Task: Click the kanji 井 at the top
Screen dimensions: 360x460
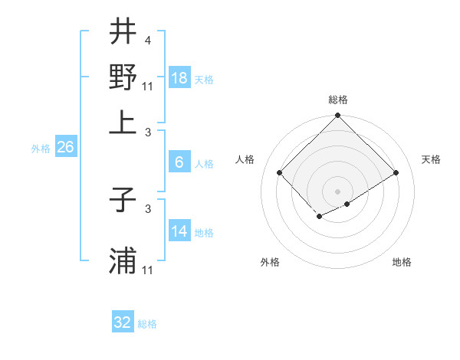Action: tap(123, 33)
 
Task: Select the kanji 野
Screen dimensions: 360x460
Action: tap(123, 77)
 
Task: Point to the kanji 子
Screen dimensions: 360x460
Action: tap(123, 201)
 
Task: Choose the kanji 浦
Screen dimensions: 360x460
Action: tap(123, 260)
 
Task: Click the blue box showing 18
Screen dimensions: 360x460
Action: tap(179, 78)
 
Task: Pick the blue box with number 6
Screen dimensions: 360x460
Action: tap(179, 162)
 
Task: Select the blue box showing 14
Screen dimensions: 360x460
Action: tap(179, 231)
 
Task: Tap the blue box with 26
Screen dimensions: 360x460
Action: tap(65, 148)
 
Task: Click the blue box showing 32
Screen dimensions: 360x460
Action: tap(123, 322)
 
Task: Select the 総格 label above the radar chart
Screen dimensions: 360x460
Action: tap(338, 100)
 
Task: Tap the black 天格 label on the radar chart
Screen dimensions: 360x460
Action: tap(431, 159)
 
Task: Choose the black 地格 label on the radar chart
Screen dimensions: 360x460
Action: tap(402, 262)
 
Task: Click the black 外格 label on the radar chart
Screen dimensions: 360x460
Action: tap(270, 262)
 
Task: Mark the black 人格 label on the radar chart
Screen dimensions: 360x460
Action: tap(245, 159)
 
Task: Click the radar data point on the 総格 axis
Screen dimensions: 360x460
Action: tap(338, 116)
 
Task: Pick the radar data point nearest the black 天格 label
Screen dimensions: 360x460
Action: tap(396, 172)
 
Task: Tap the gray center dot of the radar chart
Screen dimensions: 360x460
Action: tap(338, 191)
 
